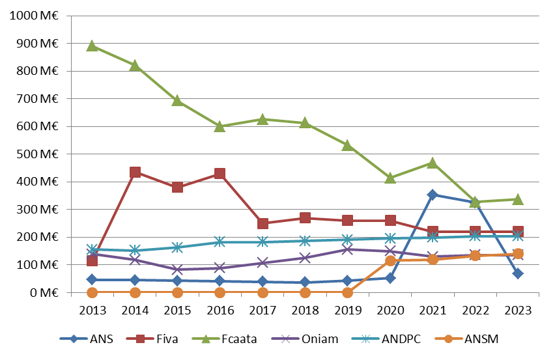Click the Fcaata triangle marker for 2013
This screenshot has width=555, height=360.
click(x=92, y=46)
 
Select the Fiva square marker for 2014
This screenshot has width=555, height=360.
click(x=135, y=173)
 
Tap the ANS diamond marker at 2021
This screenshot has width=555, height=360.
click(x=433, y=195)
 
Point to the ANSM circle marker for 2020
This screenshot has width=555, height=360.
click(x=390, y=260)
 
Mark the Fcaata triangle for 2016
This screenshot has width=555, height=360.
click(x=220, y=126)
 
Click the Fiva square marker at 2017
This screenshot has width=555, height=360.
click(x=263, y=223)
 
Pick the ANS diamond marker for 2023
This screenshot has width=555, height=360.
click(x=518, y=273)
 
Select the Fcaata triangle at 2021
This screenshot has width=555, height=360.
click(x=433, y=163)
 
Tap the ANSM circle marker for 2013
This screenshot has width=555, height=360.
click(x=92, y=293)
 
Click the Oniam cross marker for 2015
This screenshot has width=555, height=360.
click(x=177, y=270)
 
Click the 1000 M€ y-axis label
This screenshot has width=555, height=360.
click(x=33, y=16)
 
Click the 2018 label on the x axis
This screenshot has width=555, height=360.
click(x=305, y=310)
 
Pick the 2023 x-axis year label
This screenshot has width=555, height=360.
click(x=518, y=310)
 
